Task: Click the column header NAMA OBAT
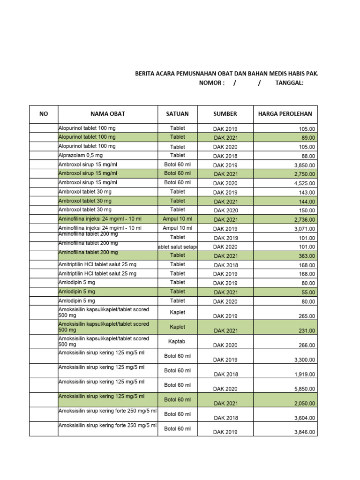pos(107,114)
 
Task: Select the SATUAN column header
pos(177,114)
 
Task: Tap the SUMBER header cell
pos(225,114)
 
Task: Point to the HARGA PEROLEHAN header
pos(285,114)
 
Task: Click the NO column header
pos(44,114)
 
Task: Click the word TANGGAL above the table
pos(289,83)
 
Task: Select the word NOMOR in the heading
pos(212,83)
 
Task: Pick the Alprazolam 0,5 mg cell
pos(80,155)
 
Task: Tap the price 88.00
pos(308,156)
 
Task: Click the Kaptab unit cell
pos(177,342)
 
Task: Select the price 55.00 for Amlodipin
pos(308,292)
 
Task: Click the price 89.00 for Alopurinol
pos(308,138)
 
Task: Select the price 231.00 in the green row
pos(307,331)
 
